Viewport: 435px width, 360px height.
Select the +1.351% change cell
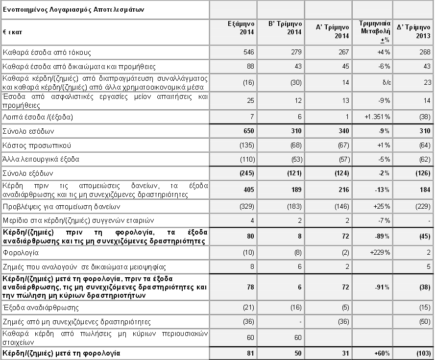pyautogui.click(x=377, y=118)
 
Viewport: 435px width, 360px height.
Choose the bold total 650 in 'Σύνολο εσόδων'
pyautogui.click(x=247, y=131)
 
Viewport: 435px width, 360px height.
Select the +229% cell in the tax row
pyautogui.click(x=380, y=253)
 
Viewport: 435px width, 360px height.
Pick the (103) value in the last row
pyautogui.click(x=422, y=353)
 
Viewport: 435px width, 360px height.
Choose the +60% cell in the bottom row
pyautogui.click(x=381, y=353)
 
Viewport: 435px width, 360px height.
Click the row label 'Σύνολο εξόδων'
pyautogui.click(x=28, y=173)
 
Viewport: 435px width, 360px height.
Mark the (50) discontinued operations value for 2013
pyautogui.click(x=423, y=322)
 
